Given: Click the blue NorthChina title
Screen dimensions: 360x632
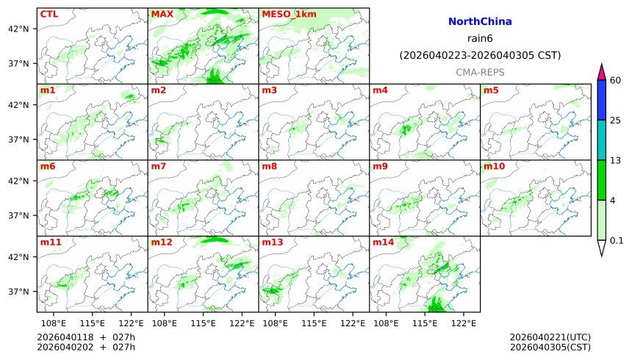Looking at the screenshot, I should [480, 22].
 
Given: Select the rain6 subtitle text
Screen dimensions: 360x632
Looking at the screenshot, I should [480, 38].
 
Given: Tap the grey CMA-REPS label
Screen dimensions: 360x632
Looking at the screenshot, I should [480, 72].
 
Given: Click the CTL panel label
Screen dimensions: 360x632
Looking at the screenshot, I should [49, 14].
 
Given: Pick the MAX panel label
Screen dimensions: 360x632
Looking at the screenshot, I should [162, 14].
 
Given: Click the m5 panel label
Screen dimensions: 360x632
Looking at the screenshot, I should [491, 90].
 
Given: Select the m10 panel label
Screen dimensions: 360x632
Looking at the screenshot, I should [494, 167].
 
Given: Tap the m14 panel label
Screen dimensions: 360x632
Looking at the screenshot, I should [383, 242].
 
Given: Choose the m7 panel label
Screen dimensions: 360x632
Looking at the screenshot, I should [159, 167].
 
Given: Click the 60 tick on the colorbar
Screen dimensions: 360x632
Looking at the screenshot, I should [616, 80].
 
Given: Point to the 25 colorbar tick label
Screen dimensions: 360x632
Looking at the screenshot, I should [616, 120].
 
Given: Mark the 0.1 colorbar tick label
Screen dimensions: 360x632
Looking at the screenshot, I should [617, 240].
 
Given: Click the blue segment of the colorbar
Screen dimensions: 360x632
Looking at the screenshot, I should [601, 100].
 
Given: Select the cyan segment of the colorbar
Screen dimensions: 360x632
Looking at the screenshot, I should [601, 140].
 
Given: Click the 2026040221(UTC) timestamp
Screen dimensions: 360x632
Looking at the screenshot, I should [550, 337].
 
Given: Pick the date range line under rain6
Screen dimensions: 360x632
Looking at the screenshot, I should [480, 55].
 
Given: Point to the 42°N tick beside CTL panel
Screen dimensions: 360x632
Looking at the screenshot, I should [18, 29].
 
